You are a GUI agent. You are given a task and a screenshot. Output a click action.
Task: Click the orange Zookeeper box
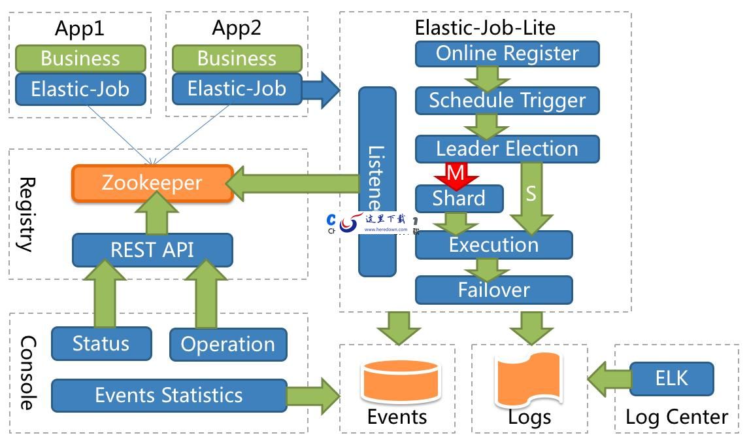click(x=152, y=182)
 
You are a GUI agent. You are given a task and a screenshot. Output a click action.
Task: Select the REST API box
click(x=152, y=250)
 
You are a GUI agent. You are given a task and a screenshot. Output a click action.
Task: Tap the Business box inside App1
click(x=80, y=58)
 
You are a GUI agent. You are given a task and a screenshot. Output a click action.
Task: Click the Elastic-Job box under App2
click(x=237, y=88)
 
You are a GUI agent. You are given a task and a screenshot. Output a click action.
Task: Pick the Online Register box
click(x=507, y=54)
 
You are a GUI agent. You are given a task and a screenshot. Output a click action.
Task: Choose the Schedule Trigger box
click(x=507, y=101)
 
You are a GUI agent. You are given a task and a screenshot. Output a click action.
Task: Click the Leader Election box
click(x=507, y=148)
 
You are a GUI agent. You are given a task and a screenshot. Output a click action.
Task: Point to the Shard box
click(x=459, y=199)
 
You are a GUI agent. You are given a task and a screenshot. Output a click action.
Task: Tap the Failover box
click(x=493, y=290)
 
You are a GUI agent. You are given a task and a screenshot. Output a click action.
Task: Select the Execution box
click(x=493, y=245)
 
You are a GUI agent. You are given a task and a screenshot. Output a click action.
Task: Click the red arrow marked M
click(x=455, y=175)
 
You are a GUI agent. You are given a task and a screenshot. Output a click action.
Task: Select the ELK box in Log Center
click(x=671, y=378)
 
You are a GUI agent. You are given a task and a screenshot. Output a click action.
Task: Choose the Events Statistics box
click(x=169, y=395)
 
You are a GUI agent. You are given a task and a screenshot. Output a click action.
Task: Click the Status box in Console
click(x=101, y=343)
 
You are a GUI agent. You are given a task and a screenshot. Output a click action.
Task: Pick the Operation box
click(x=227, y=345)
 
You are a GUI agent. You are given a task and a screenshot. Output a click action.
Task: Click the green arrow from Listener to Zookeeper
click(x=294, y=183)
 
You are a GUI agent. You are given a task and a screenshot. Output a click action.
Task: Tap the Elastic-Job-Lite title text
click(x=485, y=27)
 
